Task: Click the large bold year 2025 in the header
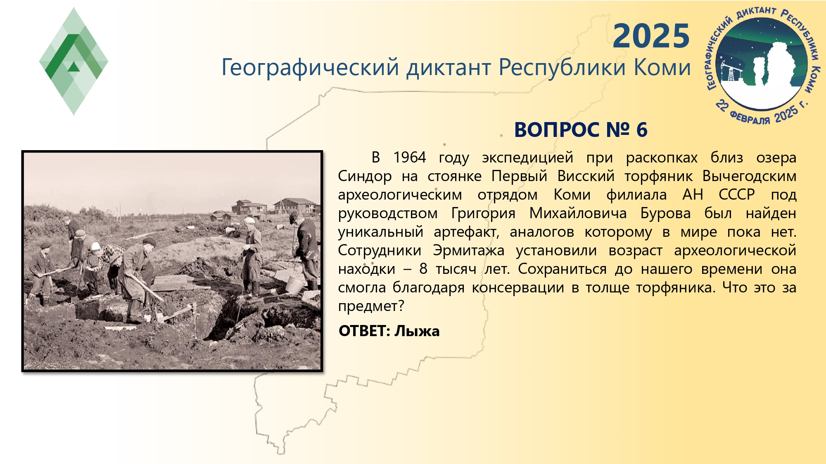click(x=651, y=36)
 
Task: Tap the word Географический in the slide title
click(x=310, y=67)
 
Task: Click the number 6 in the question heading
click(x=641, y=130)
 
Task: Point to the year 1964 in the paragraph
click(x=409, y=157)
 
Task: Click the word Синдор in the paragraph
click(x=365, y=176)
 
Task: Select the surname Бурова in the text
click(x=665, y=213)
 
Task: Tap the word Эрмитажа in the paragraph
click(x=469, y=250)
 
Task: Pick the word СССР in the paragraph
click(x=737, y=194)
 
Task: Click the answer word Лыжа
click(x=417, y=331)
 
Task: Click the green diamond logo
click(x=74, y=61)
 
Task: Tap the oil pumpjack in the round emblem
click(x=730, y=72)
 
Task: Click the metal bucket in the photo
click(x=294, y=285)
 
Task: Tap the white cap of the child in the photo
click(x=95, y=246)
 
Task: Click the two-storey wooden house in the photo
click(x=249, y=207)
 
